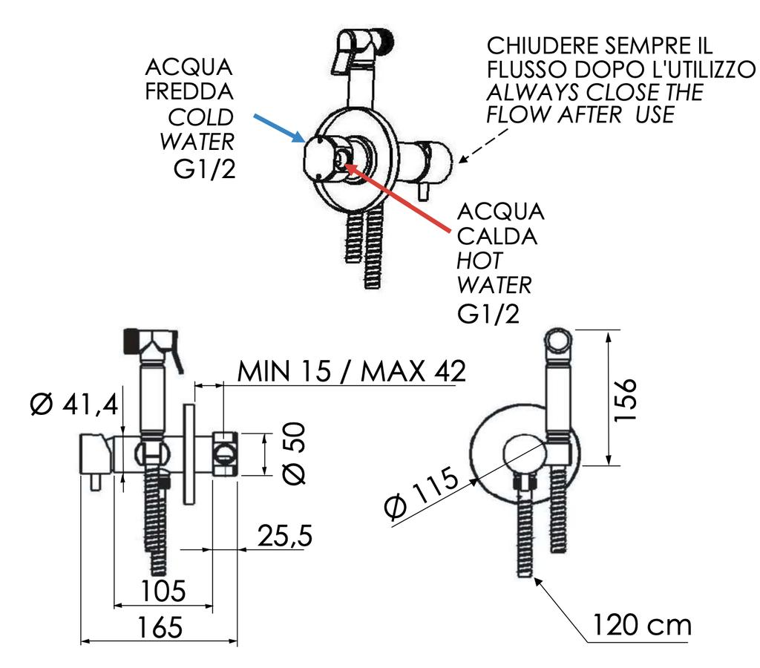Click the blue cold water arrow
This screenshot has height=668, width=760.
(x=278, y=127)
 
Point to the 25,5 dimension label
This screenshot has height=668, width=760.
(x=284, y=536)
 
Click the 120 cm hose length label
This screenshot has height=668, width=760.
(x=641, y=625)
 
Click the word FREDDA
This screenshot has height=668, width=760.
(x=189, y=93)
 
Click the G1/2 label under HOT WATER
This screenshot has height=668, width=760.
(x=488, y=313)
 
